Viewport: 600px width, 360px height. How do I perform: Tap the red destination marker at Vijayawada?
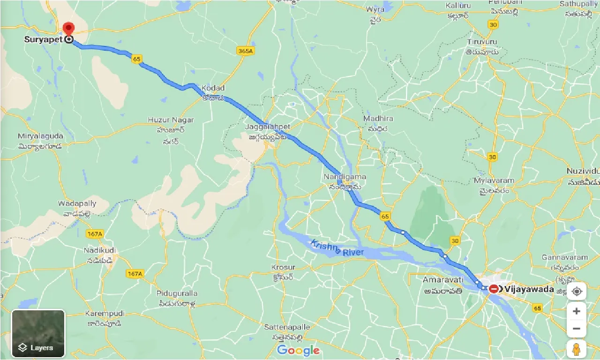click(x=494, y=289)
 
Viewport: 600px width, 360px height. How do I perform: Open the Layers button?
click(x=38, y=333)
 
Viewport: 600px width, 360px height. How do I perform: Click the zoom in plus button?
click(x=576, y=311)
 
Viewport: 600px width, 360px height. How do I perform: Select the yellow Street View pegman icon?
click(x=576, y=349)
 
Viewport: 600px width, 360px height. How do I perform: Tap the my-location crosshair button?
click(x=576, y=291)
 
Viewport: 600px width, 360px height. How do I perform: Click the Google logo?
click(x=298, y=350)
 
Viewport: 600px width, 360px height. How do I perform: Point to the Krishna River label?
click(x=337, y=248)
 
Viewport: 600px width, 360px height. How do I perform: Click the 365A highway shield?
click(x=245, y=51)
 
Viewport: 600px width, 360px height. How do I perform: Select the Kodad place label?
click(x=213, y=88)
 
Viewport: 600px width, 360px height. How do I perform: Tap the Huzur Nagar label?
click(x=171, y=120)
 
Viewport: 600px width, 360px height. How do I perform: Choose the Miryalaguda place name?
click(x=40, y=136)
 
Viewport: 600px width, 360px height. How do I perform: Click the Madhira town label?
click(x=378, y=119)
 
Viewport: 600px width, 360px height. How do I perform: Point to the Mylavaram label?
click(x=494, y=180)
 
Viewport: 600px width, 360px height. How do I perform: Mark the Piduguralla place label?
click(x=177, y=293)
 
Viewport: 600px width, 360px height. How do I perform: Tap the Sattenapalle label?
click(x=281, y=326)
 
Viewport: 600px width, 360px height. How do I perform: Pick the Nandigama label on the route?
click(x=345, y=177)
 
